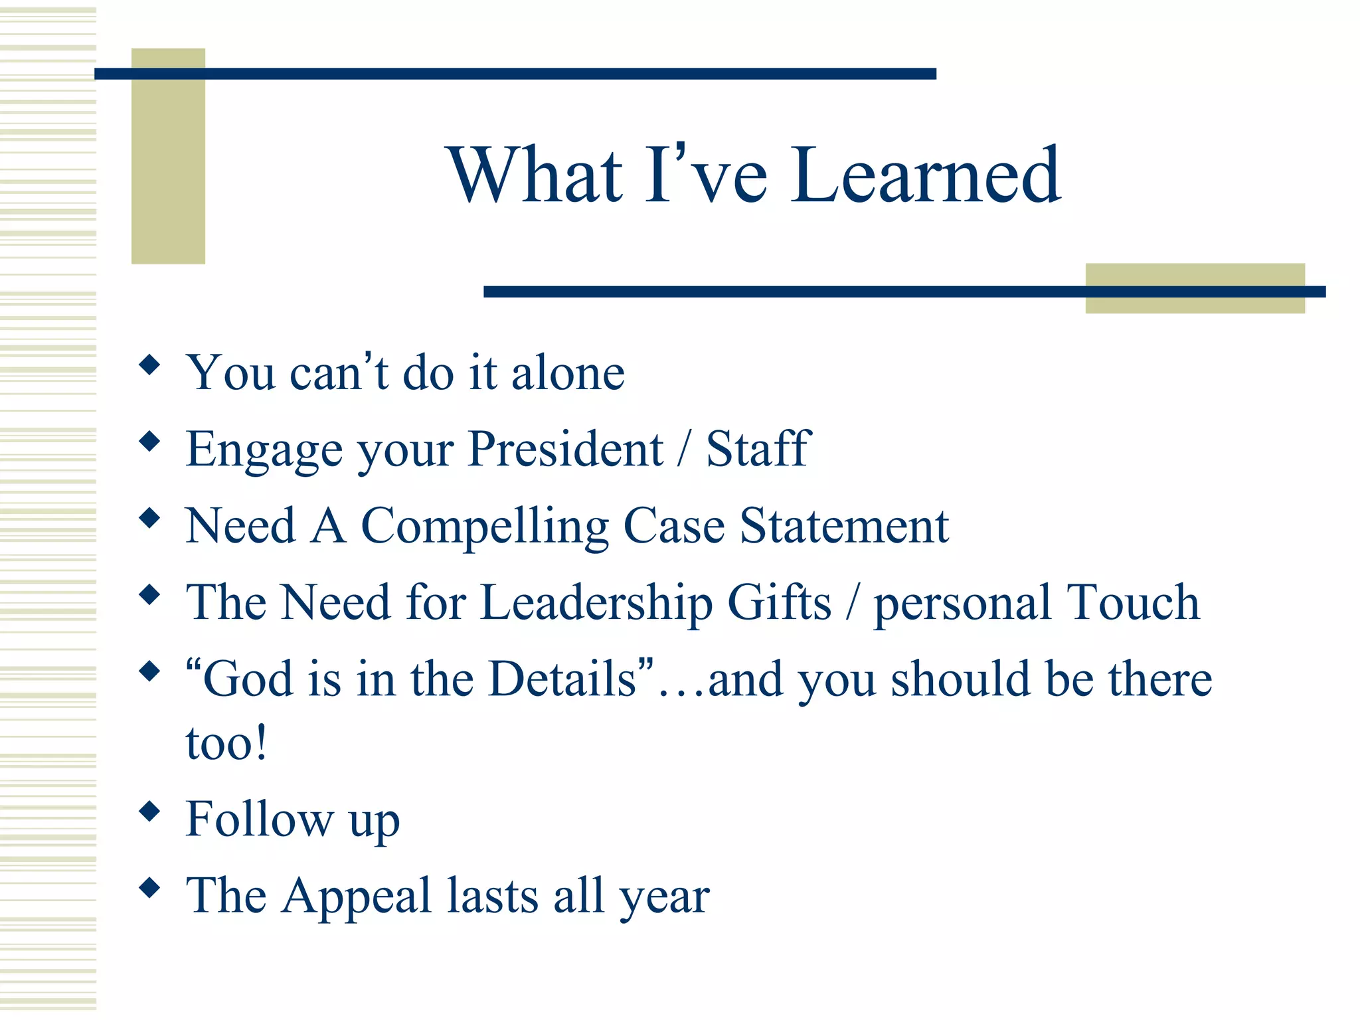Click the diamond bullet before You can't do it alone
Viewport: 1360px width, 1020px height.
[150, 365]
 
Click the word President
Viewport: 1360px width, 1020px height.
[565, 449]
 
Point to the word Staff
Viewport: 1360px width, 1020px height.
[758, 449]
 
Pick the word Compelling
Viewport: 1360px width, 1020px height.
[484, 527]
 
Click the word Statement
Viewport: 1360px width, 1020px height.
[844, 525]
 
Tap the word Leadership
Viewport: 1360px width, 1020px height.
[596, 603]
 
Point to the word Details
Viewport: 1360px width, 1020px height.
[562, 679]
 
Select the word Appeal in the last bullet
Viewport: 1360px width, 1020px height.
[357, 896]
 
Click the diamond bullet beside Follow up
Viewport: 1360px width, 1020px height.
[150, 811]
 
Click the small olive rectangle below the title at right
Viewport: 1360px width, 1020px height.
[1195, 303]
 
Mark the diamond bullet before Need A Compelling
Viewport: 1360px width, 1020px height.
[150, 518]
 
